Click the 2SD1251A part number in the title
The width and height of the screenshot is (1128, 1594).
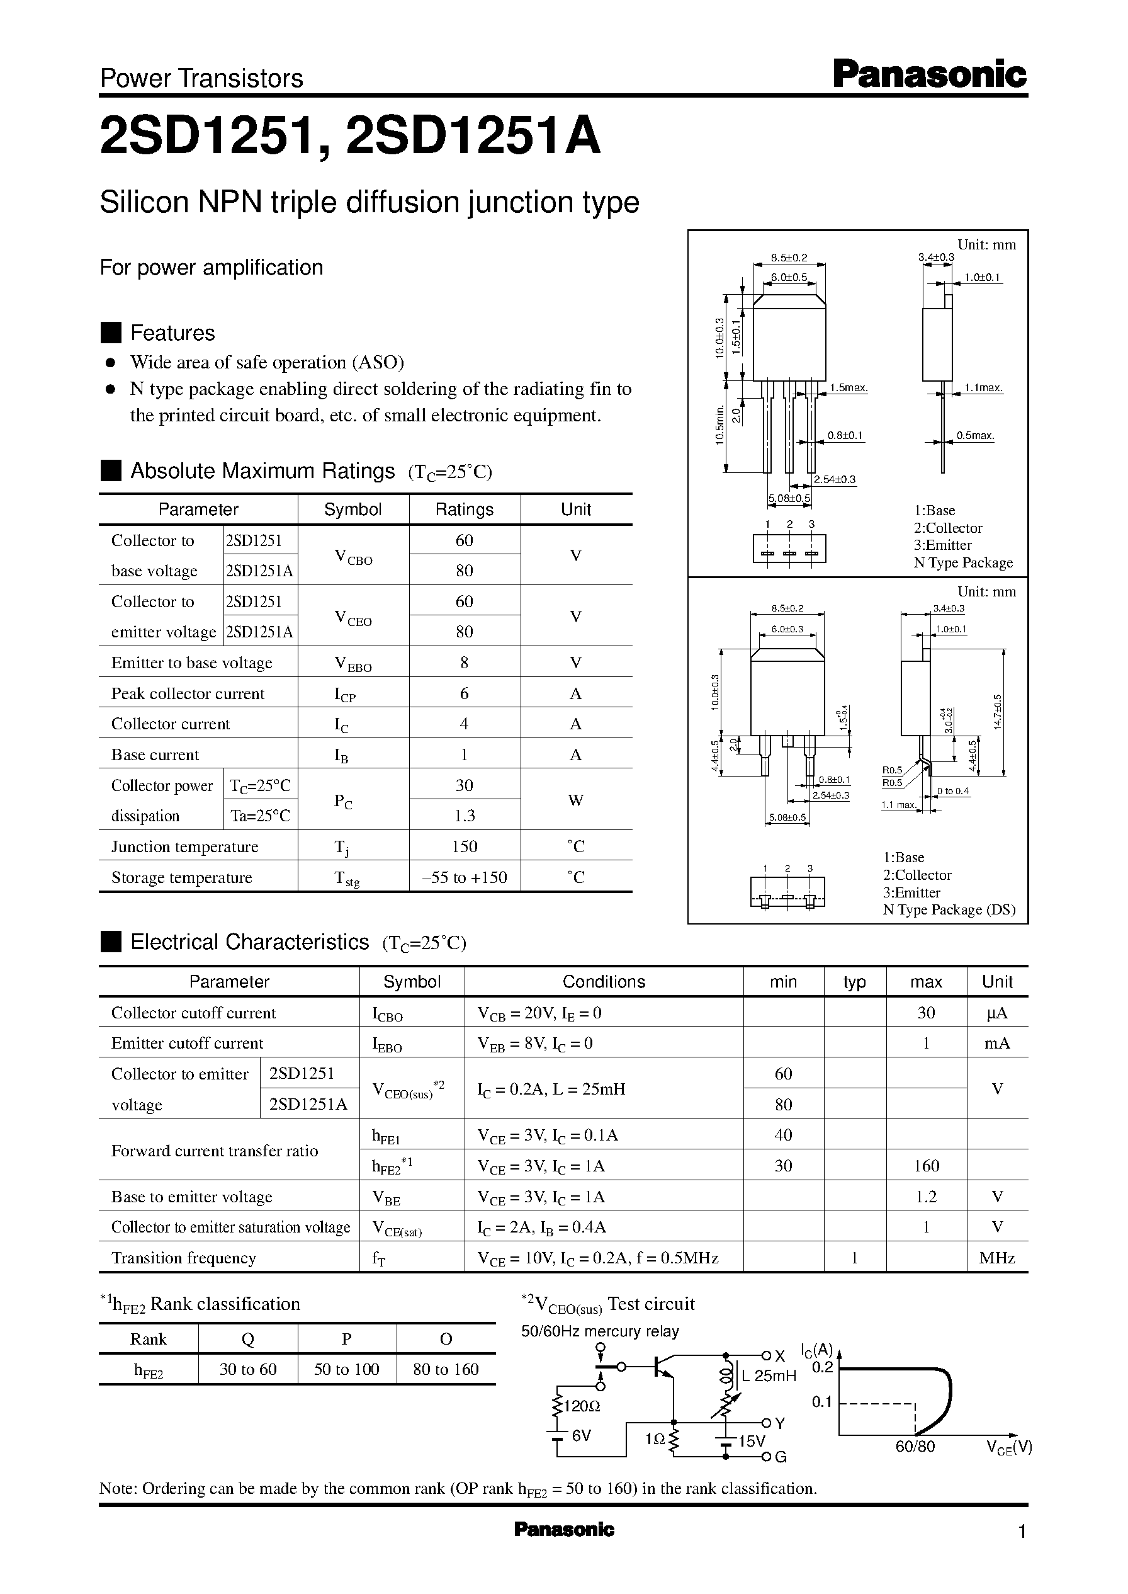[x=472, y=136]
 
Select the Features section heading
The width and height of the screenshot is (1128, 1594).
[x=172, y=333]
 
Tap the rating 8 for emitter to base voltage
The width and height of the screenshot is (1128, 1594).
[x=464, y=662]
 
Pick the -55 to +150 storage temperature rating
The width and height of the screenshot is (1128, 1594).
[x=464, y=877]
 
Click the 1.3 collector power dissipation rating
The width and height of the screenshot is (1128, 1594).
[x=464, y=815]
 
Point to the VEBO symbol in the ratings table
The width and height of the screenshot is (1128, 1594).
[x=353, y=664]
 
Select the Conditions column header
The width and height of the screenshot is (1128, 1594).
[x=603, y=981]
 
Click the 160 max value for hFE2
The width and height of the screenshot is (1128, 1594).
[x=926, y=1166]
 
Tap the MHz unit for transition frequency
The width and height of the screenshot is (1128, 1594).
[x=996, y=1258]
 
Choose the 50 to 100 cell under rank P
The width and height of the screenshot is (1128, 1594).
[x=347, y=1369]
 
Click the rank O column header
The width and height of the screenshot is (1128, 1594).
[x=446, y=1338]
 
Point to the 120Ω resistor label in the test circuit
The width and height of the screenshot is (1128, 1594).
[x=582, y=1406]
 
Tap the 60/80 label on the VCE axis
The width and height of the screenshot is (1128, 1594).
[x=915, y=1447]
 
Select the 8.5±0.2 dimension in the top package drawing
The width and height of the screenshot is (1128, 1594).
[x=789, y=258]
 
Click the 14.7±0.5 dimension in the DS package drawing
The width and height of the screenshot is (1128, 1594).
[x=998, y=712]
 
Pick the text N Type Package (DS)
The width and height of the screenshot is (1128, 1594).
[x=949, y=909]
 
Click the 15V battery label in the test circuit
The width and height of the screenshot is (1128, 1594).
[x=751, y=1441]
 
